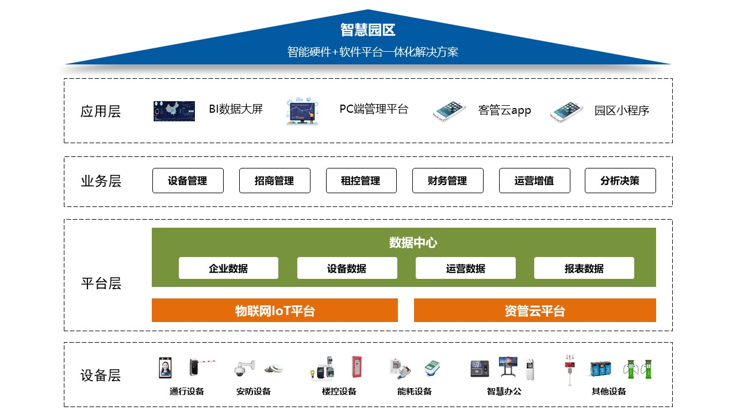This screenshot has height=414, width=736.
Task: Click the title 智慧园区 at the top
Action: click(367, 30)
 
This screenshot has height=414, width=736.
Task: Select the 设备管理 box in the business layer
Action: click(188, 181)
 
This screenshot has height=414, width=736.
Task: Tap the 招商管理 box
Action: click(275, 181)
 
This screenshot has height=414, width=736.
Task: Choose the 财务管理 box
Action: click(448, 181)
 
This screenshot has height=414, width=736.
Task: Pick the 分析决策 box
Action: click(620, 181)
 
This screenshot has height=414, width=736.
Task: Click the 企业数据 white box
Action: click(228, 268)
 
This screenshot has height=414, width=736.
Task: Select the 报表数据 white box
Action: click(584, 268)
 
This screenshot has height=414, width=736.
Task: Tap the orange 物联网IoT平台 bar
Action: click(275, 310)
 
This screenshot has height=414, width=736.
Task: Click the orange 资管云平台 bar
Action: click(535, 310)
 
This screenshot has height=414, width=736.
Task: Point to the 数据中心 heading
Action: click(413, 243)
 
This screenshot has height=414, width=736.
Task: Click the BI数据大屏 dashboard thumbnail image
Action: click(174, 111)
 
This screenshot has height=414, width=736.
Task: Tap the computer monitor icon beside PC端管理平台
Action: click(302, 111)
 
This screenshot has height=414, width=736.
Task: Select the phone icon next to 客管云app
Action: click(450, 111)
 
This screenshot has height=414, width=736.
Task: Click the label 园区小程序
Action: click(622, 111)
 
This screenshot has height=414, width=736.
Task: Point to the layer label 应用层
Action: click(101, 112)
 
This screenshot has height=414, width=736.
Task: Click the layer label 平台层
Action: click(101, 283)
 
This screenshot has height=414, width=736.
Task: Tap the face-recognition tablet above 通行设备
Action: click(165, 367)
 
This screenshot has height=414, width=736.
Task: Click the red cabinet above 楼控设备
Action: click(356, 366)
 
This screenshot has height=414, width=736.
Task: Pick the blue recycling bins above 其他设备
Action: click(600, 369)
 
